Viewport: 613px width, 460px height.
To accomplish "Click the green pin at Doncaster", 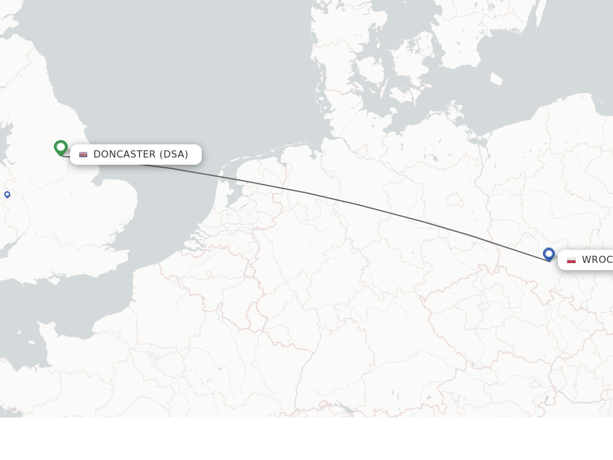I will coord(60,147).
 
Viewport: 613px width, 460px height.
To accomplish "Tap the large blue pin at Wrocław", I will coord(548,254).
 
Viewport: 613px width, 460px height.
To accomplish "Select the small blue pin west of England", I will coord(7,194).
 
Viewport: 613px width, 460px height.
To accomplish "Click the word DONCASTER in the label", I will coord(125,155).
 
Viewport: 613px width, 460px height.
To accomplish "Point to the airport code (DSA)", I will coord(174,155).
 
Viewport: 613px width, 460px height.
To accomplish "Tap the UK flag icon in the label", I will coord(83,155).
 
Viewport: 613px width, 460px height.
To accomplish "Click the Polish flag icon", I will coord(571,260).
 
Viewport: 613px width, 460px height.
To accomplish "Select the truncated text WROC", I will coord(597,260).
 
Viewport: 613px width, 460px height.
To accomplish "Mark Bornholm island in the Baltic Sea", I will coord(496,78).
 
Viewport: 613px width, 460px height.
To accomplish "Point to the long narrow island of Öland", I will coord(539,18).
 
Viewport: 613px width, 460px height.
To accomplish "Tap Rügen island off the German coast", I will coord(457,110).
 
